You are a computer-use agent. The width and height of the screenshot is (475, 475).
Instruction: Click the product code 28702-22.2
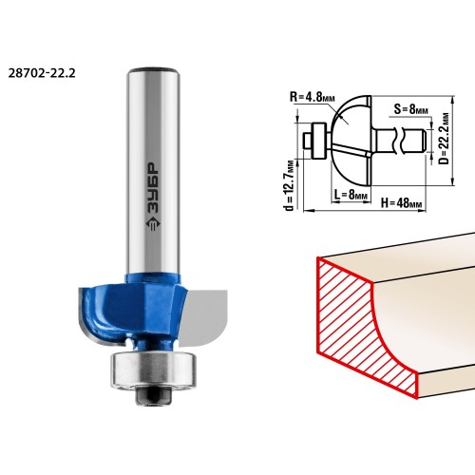tap(42, 73)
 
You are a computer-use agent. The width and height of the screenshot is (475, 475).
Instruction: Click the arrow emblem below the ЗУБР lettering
tap(154, 224)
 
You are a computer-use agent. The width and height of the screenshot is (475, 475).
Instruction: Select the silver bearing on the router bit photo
tap(153, 370)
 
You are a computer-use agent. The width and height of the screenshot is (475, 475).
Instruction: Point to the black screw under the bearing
tap(154, 396)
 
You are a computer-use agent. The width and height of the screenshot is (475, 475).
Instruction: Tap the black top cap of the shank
tap(154, 70)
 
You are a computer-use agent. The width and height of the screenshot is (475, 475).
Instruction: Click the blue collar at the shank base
tap(153, 278)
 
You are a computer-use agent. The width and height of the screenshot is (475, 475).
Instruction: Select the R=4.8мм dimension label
tap(313, 97)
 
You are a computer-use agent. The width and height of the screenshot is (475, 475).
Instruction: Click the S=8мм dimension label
tap(411, 109)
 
